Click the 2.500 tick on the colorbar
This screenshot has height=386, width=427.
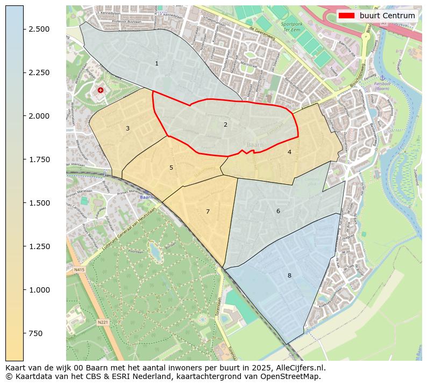coord(39,29)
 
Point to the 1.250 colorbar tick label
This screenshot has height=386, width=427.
coord(39,246)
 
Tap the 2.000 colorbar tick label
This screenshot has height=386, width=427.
coord(39,116)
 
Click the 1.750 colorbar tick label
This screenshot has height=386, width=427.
coord(39,159)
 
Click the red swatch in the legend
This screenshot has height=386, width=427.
coord(347,16)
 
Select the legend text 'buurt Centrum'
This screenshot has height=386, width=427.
coord(387,16)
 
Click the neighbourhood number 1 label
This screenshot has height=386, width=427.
coord(156,64)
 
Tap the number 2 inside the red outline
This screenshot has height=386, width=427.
coord(225,125)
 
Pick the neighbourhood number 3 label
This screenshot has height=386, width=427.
coord(127,129)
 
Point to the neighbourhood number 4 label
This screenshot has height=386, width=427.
coord(289,152)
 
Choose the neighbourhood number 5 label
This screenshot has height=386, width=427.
coord(171,168)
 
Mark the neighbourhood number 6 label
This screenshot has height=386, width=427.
coord(278,212)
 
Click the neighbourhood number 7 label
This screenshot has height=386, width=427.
coord(208,212)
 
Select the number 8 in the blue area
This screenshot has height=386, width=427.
coord(289,276)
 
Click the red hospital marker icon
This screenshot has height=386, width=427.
coord(101,90)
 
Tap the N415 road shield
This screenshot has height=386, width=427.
coord(80,270)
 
